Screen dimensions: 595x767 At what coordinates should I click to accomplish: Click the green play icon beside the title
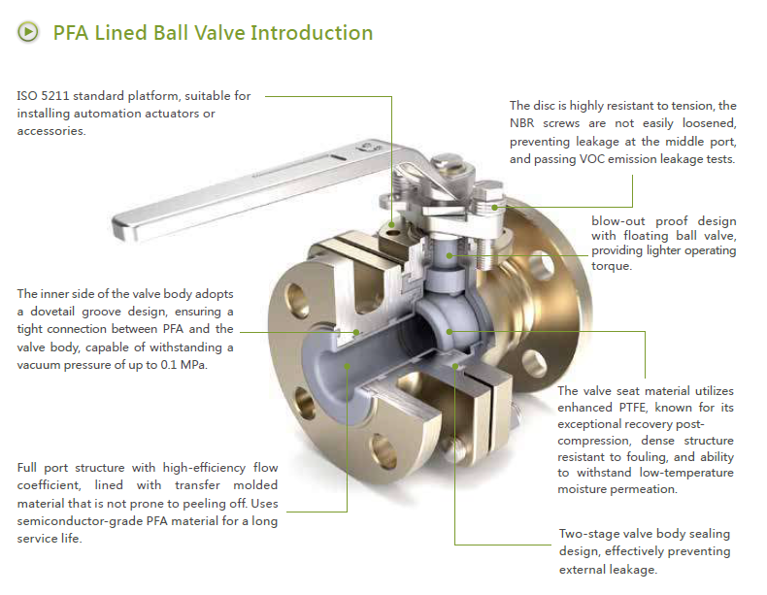pyautogui.click(x=29, y=32)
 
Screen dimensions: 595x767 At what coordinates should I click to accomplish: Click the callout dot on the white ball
pyautogui.click(x=449, y=331)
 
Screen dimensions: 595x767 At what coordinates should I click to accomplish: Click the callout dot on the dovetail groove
pyautogui.click(x=357, y=331)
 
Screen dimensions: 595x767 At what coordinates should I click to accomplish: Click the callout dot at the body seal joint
pyautogui.click(x=455, y=366)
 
